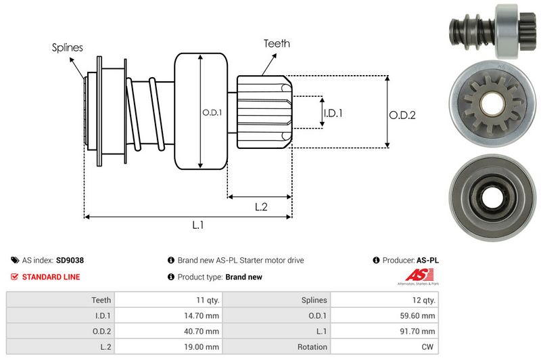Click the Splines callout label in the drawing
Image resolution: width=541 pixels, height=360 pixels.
click(x=67, y=48)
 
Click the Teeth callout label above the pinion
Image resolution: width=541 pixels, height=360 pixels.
click(x=277, y=43)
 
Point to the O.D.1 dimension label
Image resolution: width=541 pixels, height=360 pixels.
click(x=212, y=112)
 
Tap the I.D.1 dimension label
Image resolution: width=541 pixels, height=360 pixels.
click(x=333, y=114)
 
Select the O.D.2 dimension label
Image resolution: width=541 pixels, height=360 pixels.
click(x=402, y=115)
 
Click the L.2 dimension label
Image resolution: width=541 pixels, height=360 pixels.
click(x=262, y=207)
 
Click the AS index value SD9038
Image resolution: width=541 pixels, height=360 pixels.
click(x=70, y=260)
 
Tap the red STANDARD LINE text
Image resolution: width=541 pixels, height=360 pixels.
click(x=51, y=277)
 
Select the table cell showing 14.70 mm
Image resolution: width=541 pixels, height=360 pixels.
click(x=202, y=315)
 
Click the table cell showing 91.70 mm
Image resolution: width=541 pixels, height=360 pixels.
click(x=419, y=332)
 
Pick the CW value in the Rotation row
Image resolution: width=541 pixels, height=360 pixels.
click(x=429, y=347)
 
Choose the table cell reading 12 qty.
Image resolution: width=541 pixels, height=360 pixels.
click(x=423, y=300)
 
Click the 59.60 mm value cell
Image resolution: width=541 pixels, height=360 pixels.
click(x=419, y=315)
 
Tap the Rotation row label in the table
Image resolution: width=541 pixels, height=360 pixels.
click(x=312, y=347)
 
